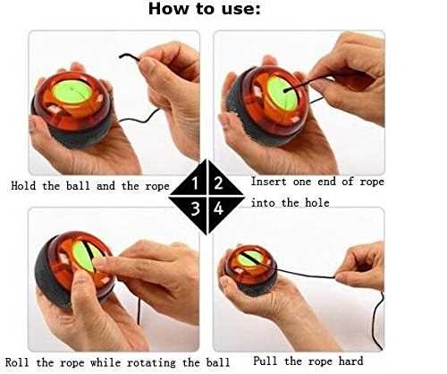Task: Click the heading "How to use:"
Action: click(x=204, y=9)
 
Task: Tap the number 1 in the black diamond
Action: click(x=195, y=183)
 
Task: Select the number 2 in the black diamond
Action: click(x=218, y=183)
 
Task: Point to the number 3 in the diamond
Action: click(x=195, y=208)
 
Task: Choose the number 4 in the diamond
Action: click(x=218, y=208)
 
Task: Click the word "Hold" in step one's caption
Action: click(x=23, y=186)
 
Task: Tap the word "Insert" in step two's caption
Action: click(x=268, y=182)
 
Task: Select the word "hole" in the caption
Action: click(x=317, y=203)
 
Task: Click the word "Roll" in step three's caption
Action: click(x=17, y=362)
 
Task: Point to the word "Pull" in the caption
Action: click(x=266, y=361)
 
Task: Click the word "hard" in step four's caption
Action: click(x=350, y=361)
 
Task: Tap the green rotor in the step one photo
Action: click(x=72, y=92)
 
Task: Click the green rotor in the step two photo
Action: click(x=282, y=93)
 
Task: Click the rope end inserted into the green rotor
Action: click(x=286, y=90)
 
